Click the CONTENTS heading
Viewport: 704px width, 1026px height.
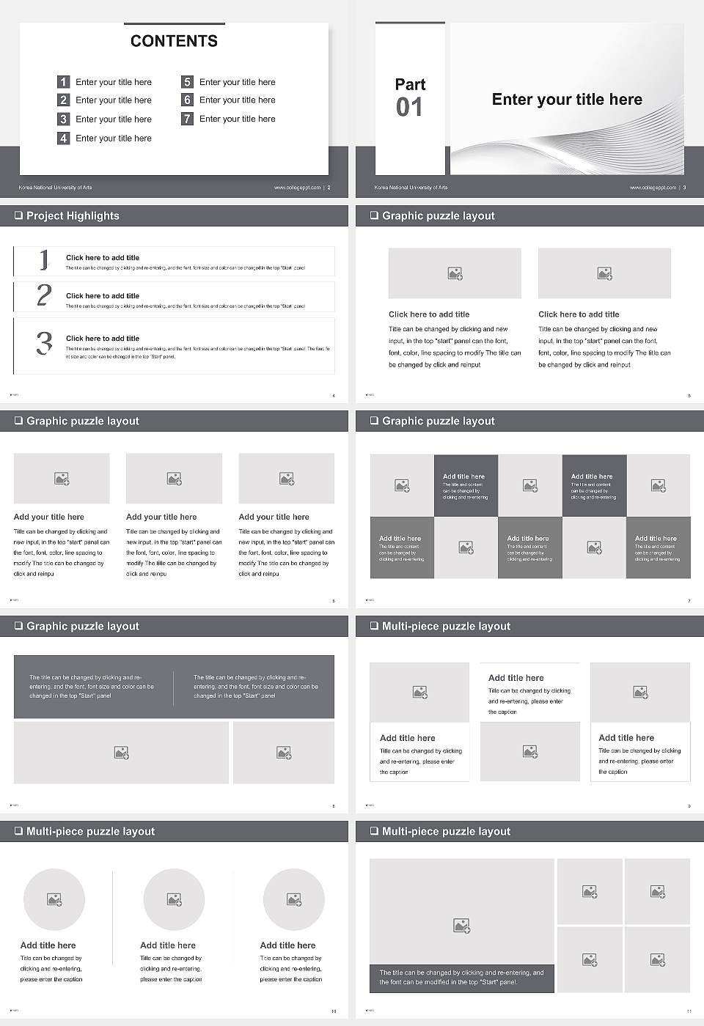click(x=174, y=41)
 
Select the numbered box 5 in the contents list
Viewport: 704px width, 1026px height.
click(x=187, y=82)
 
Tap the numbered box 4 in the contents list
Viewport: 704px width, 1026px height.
click(x=64, y=138)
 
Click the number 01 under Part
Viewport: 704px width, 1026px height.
click(x=409, y=108)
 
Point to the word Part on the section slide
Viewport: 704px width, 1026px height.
click(x=410, y=84)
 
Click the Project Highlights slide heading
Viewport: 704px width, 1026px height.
click(x=73, y=215)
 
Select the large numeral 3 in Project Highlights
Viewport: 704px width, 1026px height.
click(x=44, y=343)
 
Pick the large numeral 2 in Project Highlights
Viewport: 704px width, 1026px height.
click(x=44, y=295)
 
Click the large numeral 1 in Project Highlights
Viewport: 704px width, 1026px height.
click(x=44, y=259)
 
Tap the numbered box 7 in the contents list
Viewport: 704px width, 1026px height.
click(x=187, y=119)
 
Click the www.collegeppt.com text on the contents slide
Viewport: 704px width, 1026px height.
click(x=297, y=188)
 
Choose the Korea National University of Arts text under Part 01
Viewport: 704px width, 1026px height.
click(x=411, y=188)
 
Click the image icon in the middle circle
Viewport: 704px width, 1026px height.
click(x=174, y=899)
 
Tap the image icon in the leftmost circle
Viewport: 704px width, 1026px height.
click(x=54, y=899)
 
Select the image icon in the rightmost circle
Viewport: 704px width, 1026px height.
click(x=293, y=899)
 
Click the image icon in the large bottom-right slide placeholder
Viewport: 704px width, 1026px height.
click(x=461, y=926)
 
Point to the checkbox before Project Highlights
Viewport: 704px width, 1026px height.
click(x=18, y=215)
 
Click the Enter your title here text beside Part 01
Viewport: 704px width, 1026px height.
click(x=567, y=100)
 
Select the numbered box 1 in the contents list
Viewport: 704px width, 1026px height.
click(x=64, y=82)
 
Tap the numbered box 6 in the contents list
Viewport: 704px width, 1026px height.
click(x=187, y=100)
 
